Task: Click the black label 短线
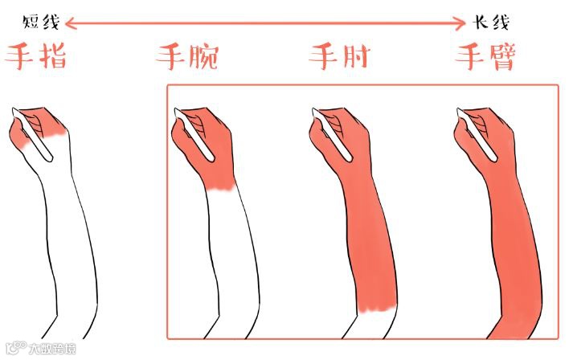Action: tap(41, 22)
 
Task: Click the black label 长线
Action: tap(491, 22)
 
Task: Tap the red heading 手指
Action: tap(35, 56)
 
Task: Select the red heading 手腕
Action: tap(187, 57)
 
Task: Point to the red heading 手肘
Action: tap(339, 56)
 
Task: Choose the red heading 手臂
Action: tap(485, 56)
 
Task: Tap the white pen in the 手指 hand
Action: tap(32, 134)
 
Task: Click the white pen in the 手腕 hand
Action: tap(194, 134)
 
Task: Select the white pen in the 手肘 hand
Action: tap(332, 134)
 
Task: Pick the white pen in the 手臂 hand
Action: tap(477, 134)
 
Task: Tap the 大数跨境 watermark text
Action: tap(52, 348)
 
